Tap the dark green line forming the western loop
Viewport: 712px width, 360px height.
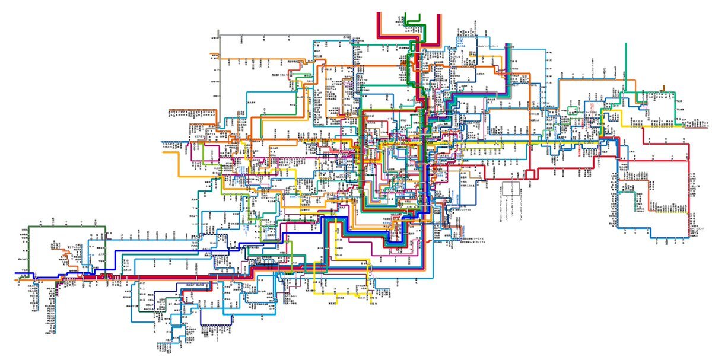(x=65, y=227)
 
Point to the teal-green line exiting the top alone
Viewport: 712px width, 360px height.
(x=627, y=65)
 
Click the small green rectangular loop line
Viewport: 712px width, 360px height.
(x=574, y=109)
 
